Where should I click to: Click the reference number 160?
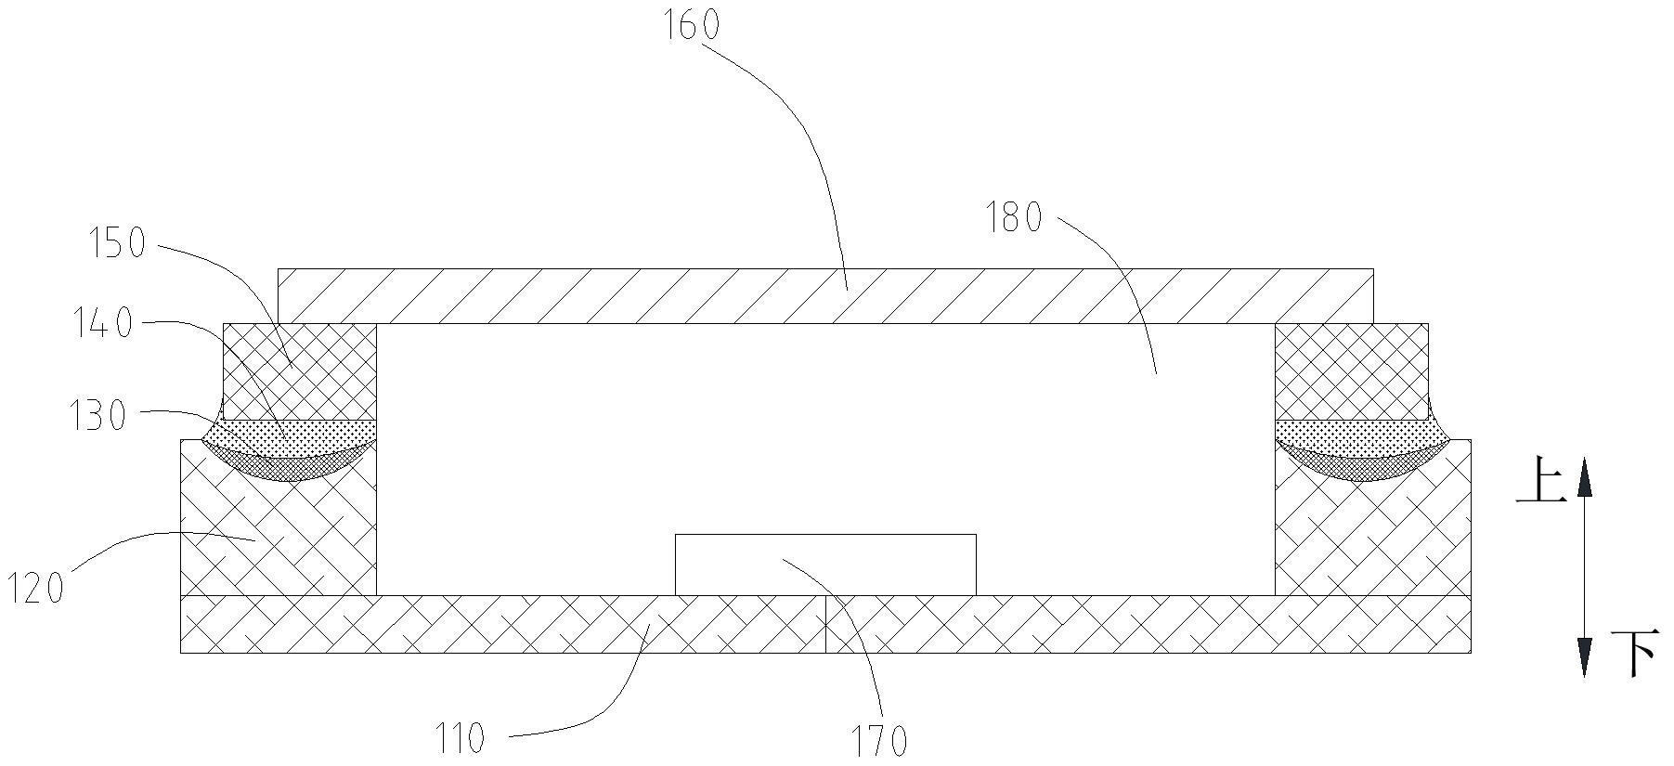691,25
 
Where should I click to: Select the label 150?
118,243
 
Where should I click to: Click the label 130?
98,416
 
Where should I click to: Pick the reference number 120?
36,588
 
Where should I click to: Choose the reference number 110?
461,739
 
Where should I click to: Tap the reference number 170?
879,740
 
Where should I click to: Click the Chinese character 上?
1540,485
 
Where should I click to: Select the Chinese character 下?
1633,655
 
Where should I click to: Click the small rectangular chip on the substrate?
825,565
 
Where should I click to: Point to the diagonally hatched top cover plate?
825,296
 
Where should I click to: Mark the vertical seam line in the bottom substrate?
825,624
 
